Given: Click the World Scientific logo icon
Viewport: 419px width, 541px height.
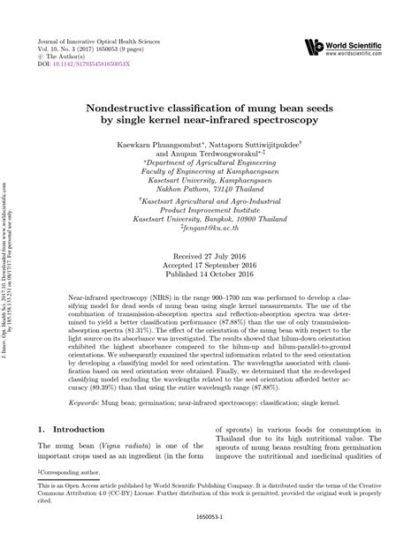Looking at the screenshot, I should (x=312, y=45).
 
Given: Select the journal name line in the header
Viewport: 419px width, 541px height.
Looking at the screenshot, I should (x=97, y=41).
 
